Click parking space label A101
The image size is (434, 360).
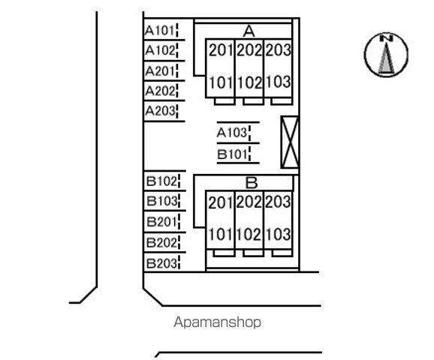tap(159, 31)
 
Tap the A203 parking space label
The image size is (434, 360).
tap(160, 111)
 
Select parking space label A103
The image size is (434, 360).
tap(231, 133)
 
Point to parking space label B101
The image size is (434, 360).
tap(232, 154)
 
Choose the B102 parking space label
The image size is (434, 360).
tap(161, 181)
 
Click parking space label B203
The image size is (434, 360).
tap(161, 263)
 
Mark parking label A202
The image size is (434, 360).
tap(160, 91)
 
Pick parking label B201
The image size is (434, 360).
tap(161, 222)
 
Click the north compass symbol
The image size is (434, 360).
tap(386, 55)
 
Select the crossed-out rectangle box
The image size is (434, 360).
tap(290, 142)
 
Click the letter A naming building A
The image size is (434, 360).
tap(249, 31)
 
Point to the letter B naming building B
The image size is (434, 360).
tap(252, 183)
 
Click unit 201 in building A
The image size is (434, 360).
tap(221, 50)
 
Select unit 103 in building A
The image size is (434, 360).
tap(278, 82)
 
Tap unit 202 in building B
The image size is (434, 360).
tap(249, 202)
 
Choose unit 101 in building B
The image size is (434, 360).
tap(221, 235)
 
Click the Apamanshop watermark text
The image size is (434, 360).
tap(217, 322)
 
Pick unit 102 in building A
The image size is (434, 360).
tap(249, 82)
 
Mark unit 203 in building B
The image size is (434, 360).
tap(278, 202)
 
